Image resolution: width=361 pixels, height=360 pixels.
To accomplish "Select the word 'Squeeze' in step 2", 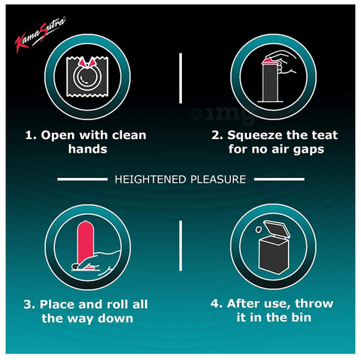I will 254,135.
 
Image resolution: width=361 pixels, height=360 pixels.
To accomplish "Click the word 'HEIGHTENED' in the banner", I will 147,180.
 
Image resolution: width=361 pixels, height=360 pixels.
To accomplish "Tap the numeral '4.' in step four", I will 214,304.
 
